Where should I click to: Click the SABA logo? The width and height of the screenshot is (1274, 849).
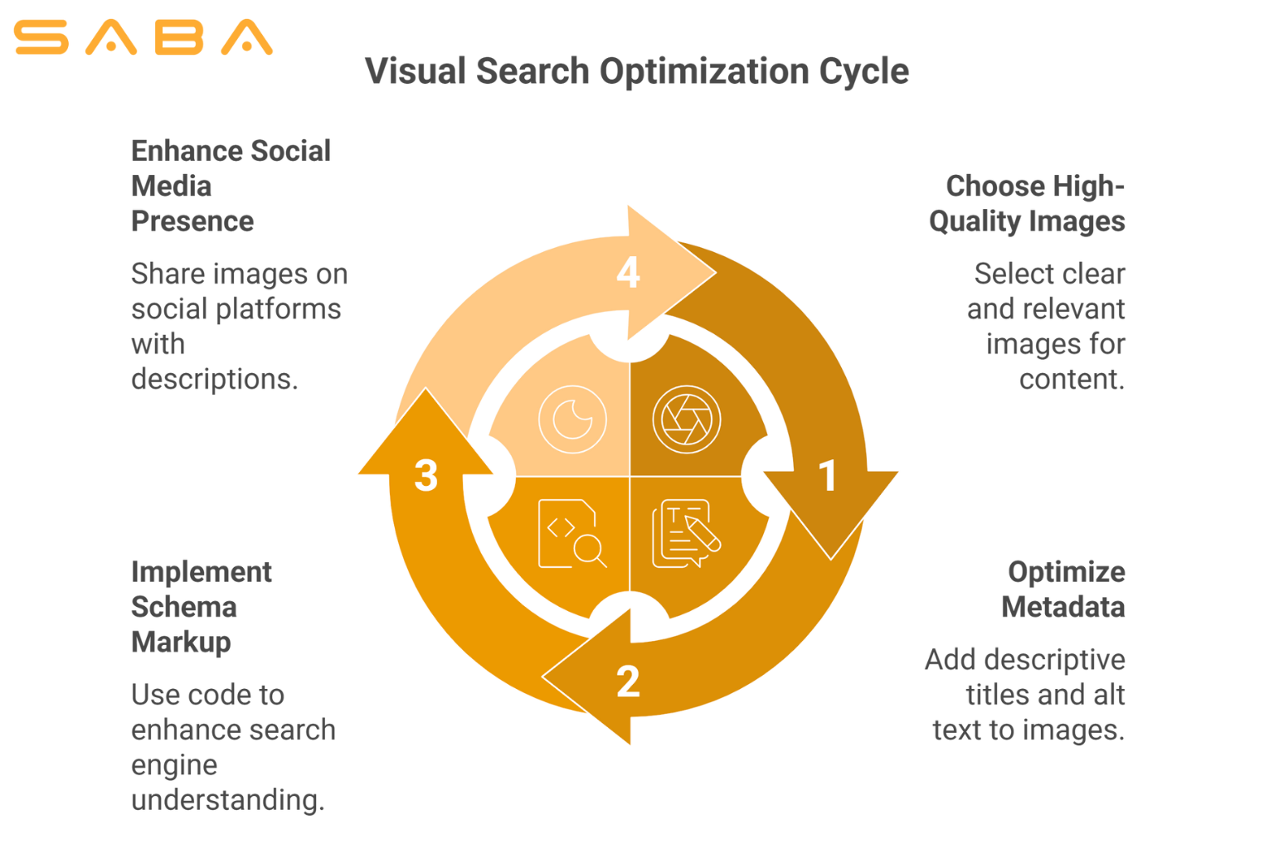tap(143, 37)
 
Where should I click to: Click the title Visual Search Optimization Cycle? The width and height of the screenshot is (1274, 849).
tap(637, 71)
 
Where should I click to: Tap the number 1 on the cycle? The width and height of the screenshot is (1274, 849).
tap(827, 476)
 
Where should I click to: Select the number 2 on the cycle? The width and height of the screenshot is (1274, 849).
tap(628, 682)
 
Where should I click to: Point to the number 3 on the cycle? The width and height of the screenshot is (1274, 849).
tap(425, 476)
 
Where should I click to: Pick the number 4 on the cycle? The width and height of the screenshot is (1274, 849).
tap(628, 272)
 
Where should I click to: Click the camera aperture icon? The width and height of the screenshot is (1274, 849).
tap(686, 420)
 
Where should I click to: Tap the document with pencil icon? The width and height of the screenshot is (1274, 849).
tap(686, 533)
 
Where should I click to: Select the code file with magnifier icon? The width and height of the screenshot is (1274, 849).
tap(572, 533)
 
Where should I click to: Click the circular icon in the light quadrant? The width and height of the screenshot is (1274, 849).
tap(572, 420)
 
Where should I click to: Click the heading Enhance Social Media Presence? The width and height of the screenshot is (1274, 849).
tap(231, 186)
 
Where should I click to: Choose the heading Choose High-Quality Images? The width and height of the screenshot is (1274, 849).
tap(1027, 203)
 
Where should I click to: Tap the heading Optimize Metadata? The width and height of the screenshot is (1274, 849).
tap(1063, 589)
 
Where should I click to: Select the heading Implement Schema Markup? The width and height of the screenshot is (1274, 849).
tap(201, 607)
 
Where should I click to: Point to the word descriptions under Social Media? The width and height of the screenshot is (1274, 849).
tap(214, 379)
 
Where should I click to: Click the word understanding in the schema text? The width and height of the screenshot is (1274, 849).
tap(227, 800)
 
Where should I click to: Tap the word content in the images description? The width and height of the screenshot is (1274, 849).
tap(1072, 379)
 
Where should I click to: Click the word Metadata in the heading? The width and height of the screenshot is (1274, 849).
tap(1063, 607)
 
